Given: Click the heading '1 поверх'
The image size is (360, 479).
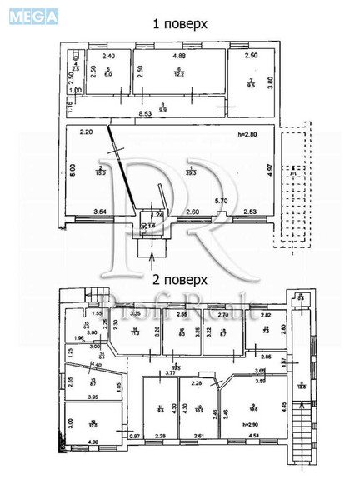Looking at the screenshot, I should tap(180, 26).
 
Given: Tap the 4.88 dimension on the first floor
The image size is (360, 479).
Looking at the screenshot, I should tap(179, 56).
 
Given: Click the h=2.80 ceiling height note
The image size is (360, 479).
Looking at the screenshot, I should tap(251, 134).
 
